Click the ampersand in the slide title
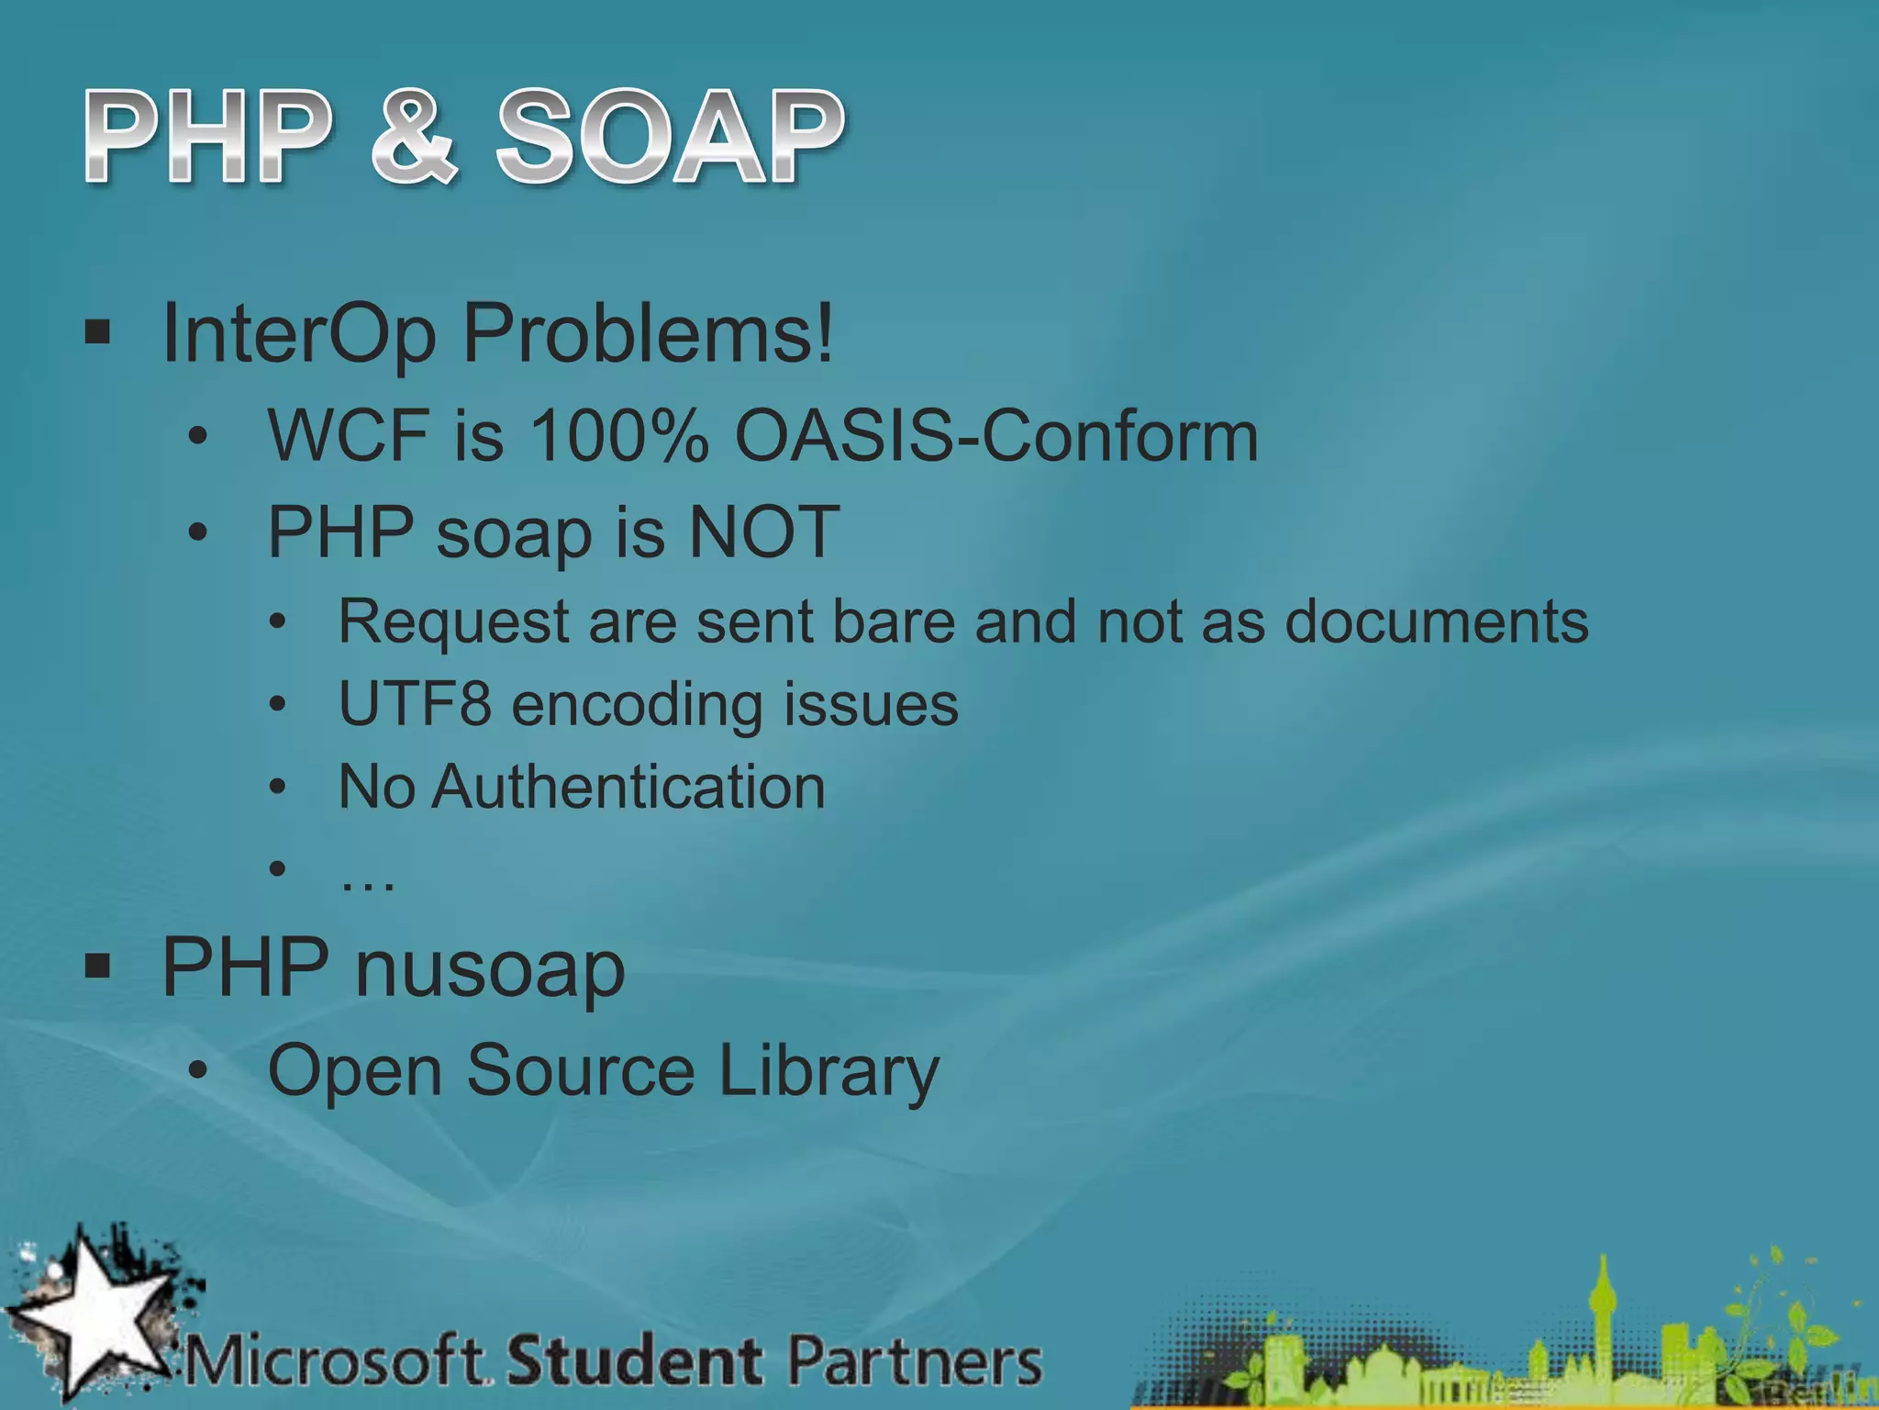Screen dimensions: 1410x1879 pos(414,138)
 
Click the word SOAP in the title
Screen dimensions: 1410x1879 pos(670,138)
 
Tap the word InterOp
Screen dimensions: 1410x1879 pos(299,334)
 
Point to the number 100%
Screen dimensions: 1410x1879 pos(619,435)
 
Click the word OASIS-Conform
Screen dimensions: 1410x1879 pos(996,435)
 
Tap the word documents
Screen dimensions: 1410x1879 pos(1436,621)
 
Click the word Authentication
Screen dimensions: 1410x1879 pos(628,787)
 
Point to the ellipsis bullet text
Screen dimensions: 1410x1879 pos(367,879)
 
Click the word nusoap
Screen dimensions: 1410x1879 pos(490,968)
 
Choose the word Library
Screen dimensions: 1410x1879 pos(828,1070)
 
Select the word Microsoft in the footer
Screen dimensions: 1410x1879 pos(336,1360)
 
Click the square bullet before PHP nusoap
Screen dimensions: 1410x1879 pos(97,966)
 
